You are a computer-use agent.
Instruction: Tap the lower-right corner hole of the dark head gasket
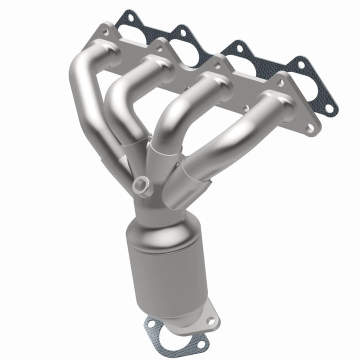point(328,108)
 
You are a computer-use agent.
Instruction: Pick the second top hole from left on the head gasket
point(182,33)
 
